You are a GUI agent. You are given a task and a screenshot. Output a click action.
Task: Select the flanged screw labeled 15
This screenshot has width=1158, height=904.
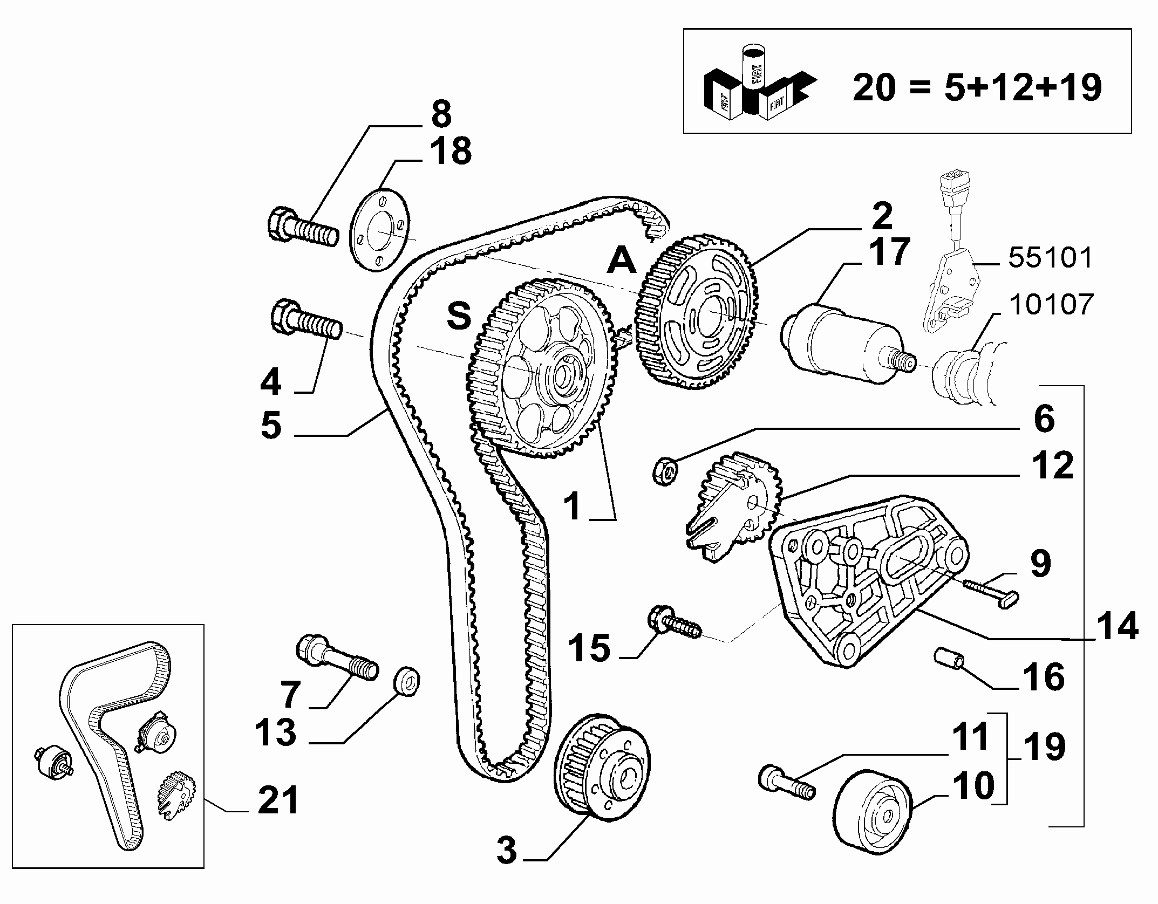(675, 624)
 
